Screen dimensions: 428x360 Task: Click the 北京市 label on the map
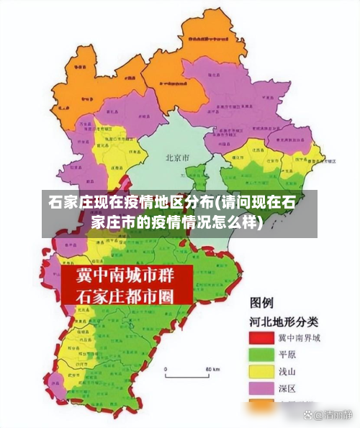[x=177, y=157]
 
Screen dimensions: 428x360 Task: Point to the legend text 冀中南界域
[x=301, y=337]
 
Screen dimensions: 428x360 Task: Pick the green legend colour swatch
[x=264, y=355]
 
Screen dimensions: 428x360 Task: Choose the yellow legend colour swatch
[x=264, y=372]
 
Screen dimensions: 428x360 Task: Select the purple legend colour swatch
[x=264, y=389]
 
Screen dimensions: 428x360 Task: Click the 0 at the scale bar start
[x=166, y=368]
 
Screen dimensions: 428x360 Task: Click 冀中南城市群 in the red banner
[x=126, y=277]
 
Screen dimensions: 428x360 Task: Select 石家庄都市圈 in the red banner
[x=126, y=296]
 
